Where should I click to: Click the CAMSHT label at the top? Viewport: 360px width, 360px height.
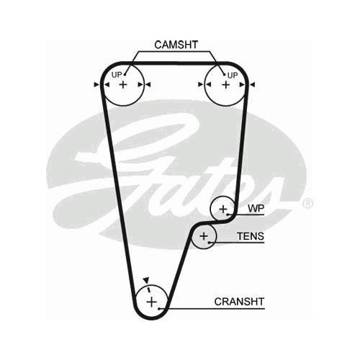(176, 45)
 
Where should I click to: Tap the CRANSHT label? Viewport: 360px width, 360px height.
(239, 302)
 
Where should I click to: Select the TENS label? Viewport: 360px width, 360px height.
(251, 236)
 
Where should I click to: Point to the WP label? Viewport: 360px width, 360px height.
(256, 209)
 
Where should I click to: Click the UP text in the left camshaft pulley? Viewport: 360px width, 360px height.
(117, 75)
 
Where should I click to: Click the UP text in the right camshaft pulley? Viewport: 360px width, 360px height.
(233, 76)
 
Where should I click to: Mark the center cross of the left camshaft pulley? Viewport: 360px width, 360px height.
(123, 84)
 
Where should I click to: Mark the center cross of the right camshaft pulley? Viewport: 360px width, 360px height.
(225, 84)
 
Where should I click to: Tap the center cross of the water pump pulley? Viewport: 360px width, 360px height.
(223, 210)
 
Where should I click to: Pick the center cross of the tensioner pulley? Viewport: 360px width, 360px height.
(204, 236)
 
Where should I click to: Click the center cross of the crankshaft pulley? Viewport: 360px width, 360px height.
(151, 302)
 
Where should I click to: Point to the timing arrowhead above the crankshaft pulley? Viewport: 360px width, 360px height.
(146, 280)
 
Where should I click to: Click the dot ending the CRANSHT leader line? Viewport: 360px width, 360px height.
(159, 308)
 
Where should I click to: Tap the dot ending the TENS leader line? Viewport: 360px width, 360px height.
(209, 243)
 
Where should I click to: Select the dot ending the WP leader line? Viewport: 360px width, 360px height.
(228, 214)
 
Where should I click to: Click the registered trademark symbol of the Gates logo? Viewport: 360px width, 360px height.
(308, 204)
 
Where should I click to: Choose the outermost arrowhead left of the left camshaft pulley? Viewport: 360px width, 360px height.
(96, 84)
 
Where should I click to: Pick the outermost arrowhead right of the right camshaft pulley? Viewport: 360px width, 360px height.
(253, 84)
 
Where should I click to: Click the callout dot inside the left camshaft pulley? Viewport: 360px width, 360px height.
(125, 75)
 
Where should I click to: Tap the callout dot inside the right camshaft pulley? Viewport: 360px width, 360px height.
(224, 75)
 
